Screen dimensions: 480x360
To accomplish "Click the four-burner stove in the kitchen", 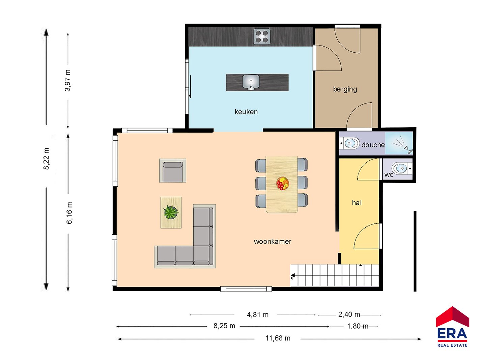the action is click(x=261, y=36).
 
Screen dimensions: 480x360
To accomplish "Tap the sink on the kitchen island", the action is click(x=251, y=82).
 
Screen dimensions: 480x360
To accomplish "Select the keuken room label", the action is click(x=246, y=112).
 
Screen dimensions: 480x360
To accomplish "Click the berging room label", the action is click(x=345, y=89).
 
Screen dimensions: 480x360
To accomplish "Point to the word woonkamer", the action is click(x=272, y=242).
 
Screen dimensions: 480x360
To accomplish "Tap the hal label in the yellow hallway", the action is click(x=357, y=203).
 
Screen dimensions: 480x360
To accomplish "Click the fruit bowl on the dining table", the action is click(x=282, y=183).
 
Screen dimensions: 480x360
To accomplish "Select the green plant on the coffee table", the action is click(x=171, y=212).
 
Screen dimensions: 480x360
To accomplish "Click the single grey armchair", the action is click(x=173, y=171).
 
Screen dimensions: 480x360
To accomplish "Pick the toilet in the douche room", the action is click(x=350, y=143).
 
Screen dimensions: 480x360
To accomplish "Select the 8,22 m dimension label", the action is click(x=46, y=159).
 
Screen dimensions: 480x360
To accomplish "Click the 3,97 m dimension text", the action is click(x=67, y=80).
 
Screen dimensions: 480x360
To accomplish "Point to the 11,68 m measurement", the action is click(x=278, y=338).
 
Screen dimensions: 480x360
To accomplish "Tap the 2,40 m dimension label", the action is click(x=349, y=314).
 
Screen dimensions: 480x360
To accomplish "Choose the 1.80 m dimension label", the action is click(x=358, y=326).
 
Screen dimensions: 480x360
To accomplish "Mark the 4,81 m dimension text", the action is click(x=258, y=315).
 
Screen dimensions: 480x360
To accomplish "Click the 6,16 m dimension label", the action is click(x=69, y=213).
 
